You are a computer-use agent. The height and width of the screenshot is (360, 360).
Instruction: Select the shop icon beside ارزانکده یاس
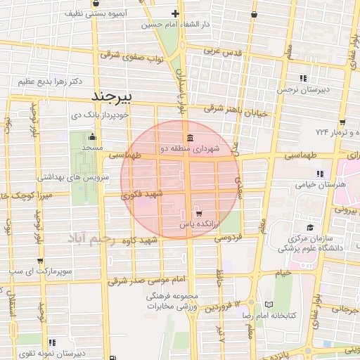[x=199, y=213]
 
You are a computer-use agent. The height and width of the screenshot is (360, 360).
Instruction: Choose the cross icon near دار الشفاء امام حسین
[x=175, y=14]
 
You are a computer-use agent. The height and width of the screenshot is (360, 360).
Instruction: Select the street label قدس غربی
[x=222, y=51]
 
